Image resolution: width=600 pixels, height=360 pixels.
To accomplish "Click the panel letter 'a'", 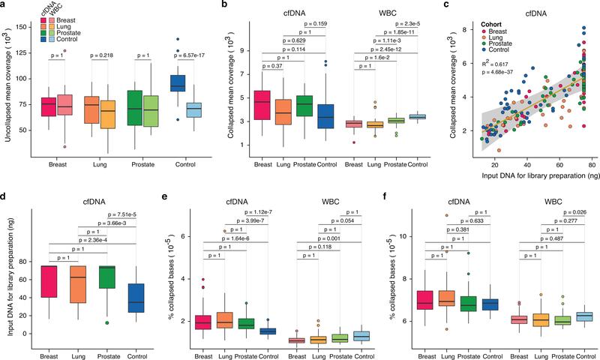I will click(x=4, y=7).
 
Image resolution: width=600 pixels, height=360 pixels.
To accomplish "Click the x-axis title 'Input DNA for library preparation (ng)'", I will click(x=518, y=174).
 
